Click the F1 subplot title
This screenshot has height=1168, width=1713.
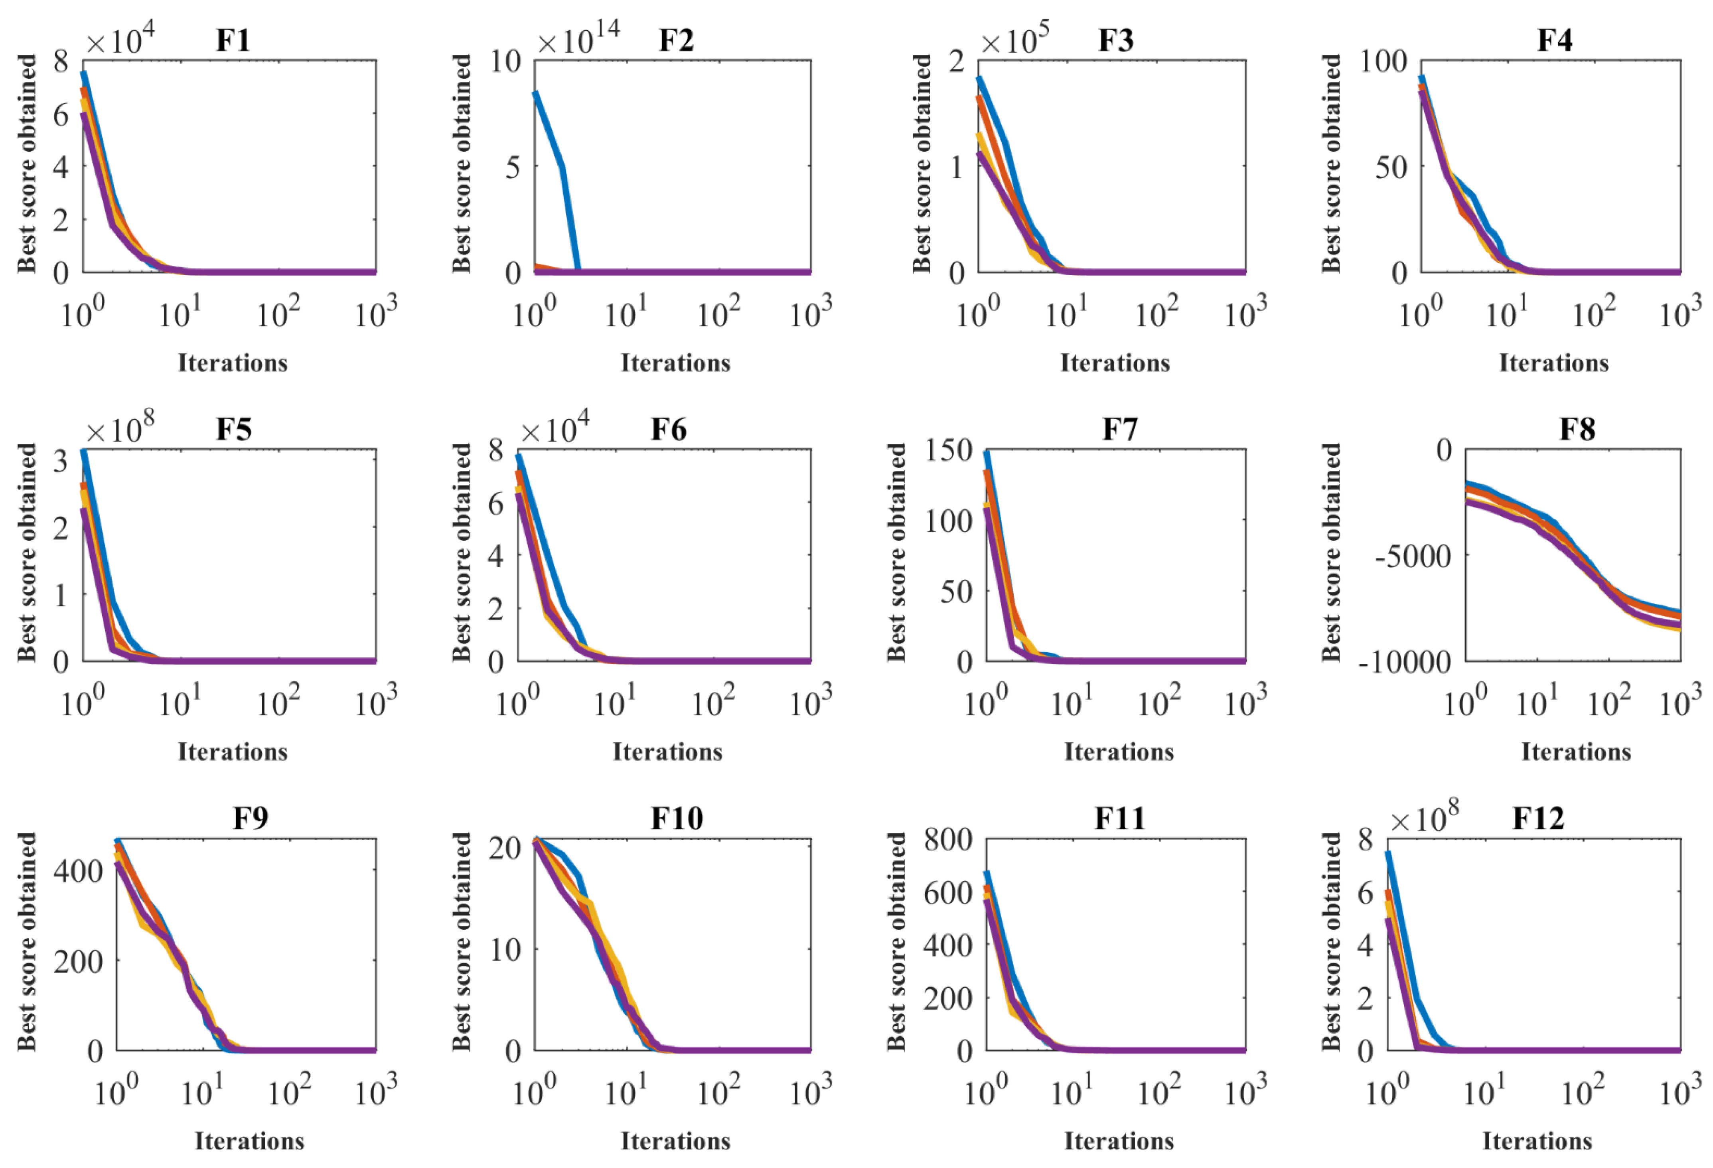coord(233,40)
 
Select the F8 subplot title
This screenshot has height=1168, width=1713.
coord(1577,429)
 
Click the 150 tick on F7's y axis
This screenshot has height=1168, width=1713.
coord(949,450)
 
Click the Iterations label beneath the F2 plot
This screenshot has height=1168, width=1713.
coord(675,363)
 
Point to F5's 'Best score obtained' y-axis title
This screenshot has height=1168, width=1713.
coord(27,552)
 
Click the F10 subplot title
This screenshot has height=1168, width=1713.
coord(677,818)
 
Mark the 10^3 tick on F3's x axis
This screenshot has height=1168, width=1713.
coord(1246,312)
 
